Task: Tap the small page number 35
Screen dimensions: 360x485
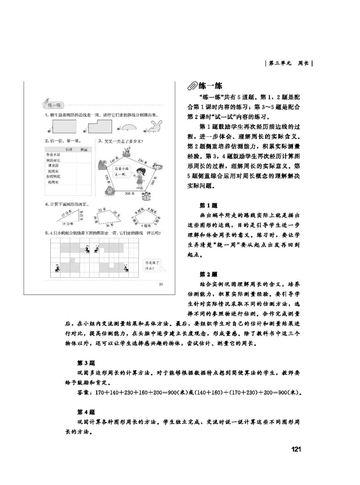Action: [161, 284]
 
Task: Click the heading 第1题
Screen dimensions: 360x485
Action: [208, 206]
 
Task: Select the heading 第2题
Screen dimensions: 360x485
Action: [208, 275]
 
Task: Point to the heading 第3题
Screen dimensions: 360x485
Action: [86, 363]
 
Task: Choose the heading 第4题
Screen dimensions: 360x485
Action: [86, 412]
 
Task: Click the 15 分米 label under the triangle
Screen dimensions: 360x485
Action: [67, 224]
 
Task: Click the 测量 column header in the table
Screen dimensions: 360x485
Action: [84, 149]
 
